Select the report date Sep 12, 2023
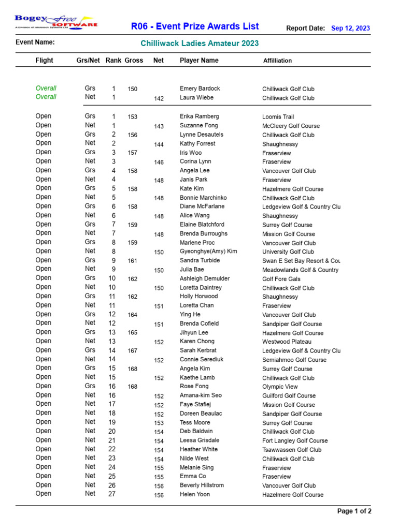tap(350, 28)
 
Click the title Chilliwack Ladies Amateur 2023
tap(200, 43)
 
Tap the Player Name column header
tap(199, 61)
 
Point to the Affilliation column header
tap(277, 61)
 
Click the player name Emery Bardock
tap(200, 89)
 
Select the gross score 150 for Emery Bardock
tap(133, 89)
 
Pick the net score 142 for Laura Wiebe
tap(159, 98)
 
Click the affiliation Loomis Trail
tap(278, 117)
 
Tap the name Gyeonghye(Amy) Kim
tap(208, 252)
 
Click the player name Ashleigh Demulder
tap(205, 278)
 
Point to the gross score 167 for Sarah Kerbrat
tap(133, 351)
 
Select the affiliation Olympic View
tap(280, 387)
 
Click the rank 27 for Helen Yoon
tap(112, 494)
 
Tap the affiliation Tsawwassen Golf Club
tap(292, 450)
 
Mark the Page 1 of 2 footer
tap(354, 511)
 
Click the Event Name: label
tap(35, 42)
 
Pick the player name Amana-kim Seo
tap(201, 395)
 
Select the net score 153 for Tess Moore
tap(159, 423)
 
